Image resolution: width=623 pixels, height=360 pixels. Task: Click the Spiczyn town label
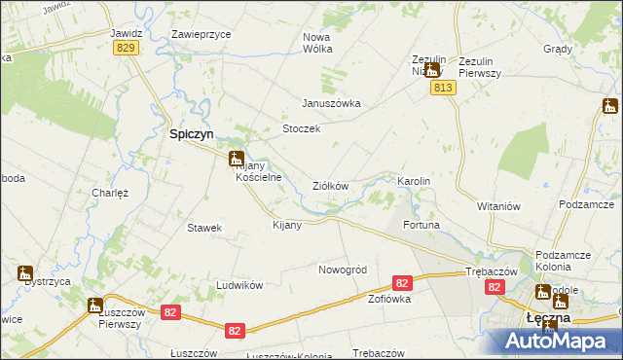[194, 136]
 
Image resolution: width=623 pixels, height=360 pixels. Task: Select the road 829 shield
[125, 48]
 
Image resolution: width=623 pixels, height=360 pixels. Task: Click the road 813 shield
[442, 88]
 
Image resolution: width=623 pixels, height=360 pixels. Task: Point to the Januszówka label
[331, 103]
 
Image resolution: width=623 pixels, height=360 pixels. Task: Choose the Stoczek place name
[301, 129]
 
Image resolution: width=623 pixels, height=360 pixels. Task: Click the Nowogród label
[342, 270]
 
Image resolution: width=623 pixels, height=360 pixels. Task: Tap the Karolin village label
[414, 182]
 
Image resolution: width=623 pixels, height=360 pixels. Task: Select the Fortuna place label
[421, 226]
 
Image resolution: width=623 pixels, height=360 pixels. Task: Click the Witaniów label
[500, 207]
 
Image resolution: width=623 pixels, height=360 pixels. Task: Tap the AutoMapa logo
[559, 342]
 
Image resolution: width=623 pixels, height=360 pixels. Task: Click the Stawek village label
[205, 228]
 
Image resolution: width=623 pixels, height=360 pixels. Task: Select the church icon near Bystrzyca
[24, 274]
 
